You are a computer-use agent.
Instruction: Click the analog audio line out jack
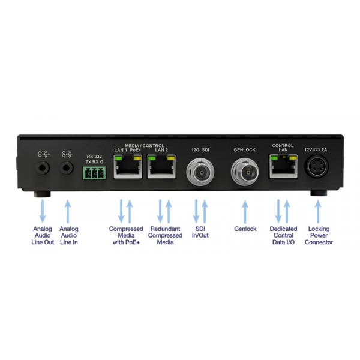[43, 167]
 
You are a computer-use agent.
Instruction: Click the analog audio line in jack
[67, 167]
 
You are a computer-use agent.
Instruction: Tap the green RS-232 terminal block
[94, 173]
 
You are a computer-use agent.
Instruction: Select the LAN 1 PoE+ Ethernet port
[128, 166]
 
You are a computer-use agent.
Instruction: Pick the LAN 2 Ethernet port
[161, 166]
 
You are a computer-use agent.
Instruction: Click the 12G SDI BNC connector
[200, 172]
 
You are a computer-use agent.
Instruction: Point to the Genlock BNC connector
[245, 172]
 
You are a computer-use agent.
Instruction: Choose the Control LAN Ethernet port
[283, 166]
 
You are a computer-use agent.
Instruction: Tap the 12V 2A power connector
[316, 167]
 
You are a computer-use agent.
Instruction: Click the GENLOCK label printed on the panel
[245, 150]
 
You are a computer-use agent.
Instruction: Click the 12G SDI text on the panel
[200, 150]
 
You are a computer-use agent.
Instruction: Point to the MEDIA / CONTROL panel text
[145, 146]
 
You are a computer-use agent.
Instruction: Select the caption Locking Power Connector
[319, 235]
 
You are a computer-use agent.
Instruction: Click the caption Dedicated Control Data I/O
[283, 235]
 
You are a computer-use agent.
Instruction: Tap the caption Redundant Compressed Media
[165, 235]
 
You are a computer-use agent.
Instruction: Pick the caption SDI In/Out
[200, 232]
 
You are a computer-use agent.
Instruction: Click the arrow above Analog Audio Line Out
[43, 211]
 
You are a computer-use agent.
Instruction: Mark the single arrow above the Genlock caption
[245, 211]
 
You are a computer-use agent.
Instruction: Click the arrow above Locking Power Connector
[318, 211]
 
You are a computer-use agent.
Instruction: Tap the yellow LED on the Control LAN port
[293, 158]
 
